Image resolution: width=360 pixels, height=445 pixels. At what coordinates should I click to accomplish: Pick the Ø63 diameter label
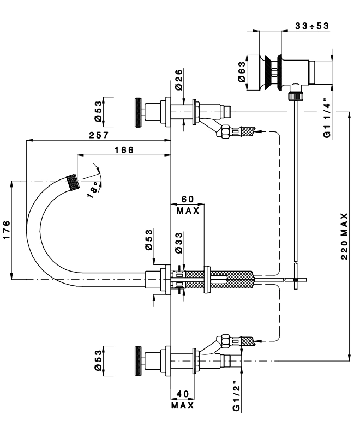243,70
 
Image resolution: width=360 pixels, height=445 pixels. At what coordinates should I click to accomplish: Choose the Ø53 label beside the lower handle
98,360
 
